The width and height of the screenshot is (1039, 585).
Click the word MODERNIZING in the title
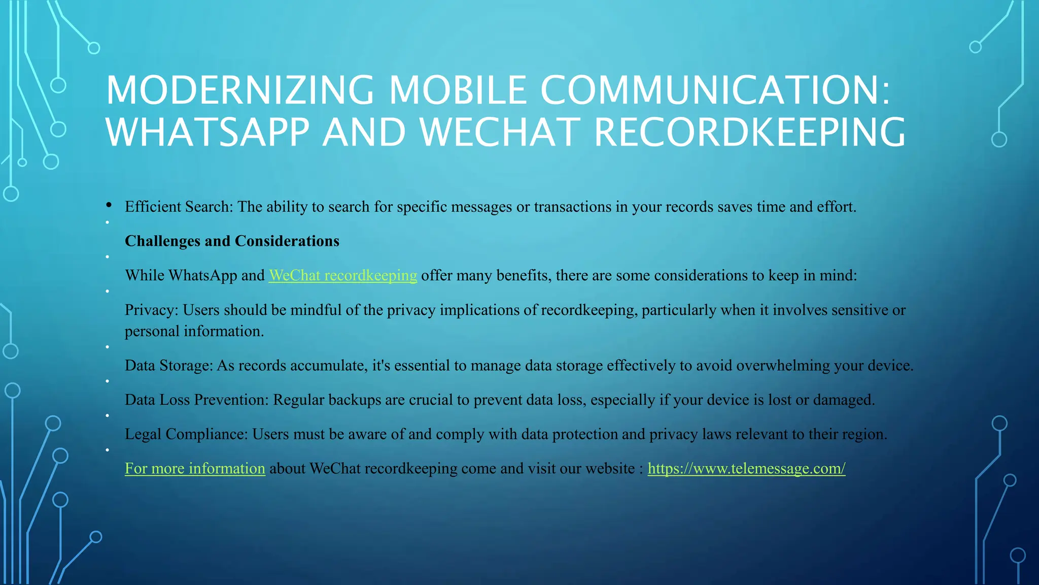coord(240,90)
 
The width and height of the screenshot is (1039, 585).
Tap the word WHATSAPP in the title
coord(207,133)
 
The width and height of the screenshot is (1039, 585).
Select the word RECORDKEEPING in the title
coord(749,133)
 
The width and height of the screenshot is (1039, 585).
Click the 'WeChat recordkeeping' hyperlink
coord(342,275)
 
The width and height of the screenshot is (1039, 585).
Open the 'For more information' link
coord(195,468)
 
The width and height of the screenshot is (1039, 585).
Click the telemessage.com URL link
coord(746,468)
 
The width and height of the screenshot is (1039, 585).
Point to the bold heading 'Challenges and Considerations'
coord(232,241)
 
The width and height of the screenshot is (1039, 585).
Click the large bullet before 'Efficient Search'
coord(109,205)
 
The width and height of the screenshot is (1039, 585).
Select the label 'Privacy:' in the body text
coord(152,310)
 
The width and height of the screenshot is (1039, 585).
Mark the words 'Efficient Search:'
coord(179,207)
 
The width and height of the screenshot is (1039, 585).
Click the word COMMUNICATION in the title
coord(715,90)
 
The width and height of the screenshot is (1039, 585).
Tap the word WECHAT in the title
coord(500,133)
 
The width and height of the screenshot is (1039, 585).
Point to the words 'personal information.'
coord(194,331)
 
